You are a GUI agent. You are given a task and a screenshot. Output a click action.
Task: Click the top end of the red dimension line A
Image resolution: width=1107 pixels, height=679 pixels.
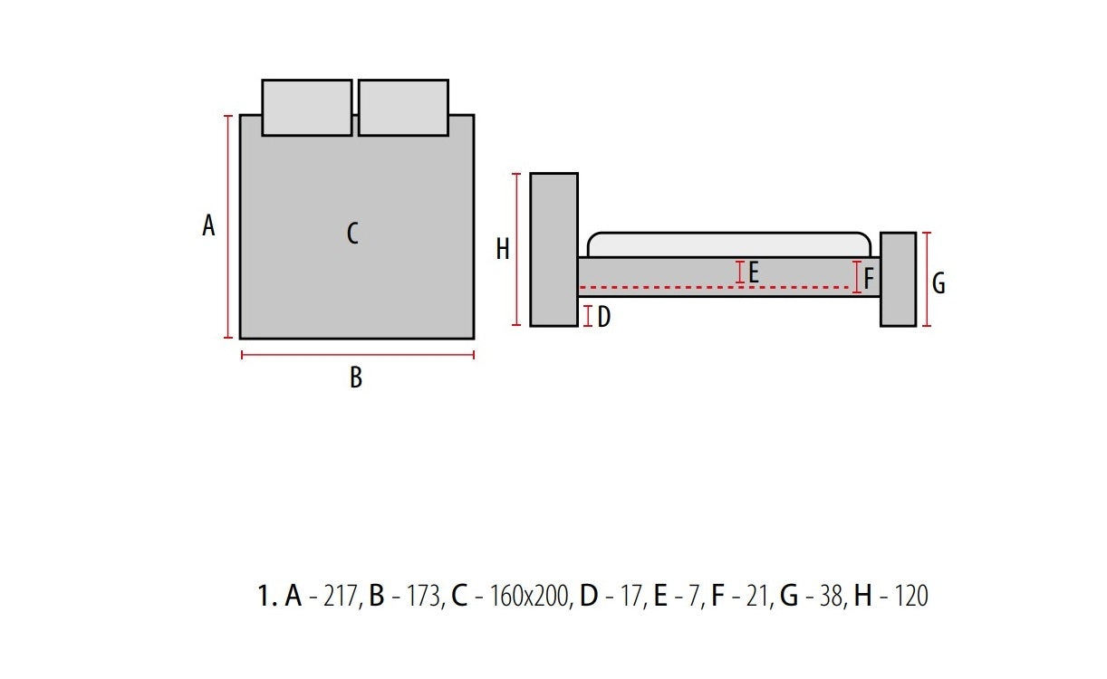(x=227, y=116)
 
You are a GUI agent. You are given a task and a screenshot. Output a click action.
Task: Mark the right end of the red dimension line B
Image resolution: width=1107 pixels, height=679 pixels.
(x=474, y=355)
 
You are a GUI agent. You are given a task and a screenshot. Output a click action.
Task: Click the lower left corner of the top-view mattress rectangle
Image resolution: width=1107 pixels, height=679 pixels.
(x=240, y=339)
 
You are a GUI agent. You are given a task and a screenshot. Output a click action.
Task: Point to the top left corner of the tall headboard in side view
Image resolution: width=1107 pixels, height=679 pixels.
(x=531, y=173)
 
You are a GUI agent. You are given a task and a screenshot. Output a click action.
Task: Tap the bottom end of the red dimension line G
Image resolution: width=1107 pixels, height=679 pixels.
(x=927, y=325)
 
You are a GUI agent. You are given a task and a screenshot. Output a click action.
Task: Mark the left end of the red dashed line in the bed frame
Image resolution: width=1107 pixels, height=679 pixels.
(x=580, y=287)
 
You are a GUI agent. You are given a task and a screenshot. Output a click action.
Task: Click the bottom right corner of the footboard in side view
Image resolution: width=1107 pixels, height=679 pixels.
(x=916, y=326)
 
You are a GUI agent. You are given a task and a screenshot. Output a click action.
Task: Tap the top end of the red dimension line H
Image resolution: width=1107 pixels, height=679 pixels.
(x=516, y=174)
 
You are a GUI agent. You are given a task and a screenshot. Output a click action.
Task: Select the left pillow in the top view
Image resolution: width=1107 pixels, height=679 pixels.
(x=307, y=107)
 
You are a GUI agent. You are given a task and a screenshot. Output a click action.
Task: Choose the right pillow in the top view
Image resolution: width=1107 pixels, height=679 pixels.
(x=403, y=107)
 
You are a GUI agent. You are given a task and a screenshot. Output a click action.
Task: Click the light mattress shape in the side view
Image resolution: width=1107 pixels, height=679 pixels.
(x=729, y=244)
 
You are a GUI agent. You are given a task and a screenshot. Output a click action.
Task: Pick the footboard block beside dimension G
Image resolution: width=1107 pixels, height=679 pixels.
(x=898, y=279)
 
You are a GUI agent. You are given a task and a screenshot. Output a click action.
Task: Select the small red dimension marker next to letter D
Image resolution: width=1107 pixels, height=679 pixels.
(x=588, y=316)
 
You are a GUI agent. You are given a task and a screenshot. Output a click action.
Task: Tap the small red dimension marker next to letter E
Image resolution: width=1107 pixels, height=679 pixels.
(x=740, y=273)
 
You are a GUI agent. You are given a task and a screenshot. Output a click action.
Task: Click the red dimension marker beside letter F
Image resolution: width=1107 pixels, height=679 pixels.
(x=857, y=277)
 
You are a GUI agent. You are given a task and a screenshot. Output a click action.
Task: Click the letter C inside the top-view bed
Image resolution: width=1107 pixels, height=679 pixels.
(x=352, y=233)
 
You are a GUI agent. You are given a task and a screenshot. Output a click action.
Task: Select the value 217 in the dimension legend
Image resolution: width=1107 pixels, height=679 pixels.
(x=341, y=596)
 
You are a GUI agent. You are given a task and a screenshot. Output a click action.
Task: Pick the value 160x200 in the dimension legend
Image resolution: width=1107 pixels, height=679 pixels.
(x=529, y=596)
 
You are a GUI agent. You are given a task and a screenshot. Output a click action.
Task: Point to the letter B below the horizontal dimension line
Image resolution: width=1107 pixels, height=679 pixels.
(x=356, y=378)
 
